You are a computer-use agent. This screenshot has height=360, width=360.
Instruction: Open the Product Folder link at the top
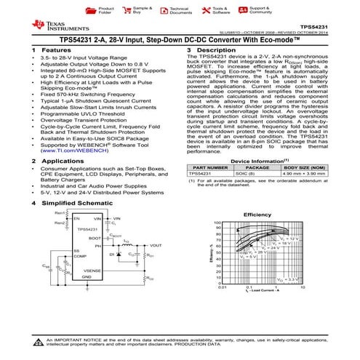(105, 11)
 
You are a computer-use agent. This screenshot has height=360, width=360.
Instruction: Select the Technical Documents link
(180, 11)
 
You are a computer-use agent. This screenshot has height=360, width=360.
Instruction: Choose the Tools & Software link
(220, 11)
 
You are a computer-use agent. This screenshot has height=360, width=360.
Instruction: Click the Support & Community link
(260, 11)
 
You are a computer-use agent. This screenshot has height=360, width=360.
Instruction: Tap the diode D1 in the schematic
(113, 255)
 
